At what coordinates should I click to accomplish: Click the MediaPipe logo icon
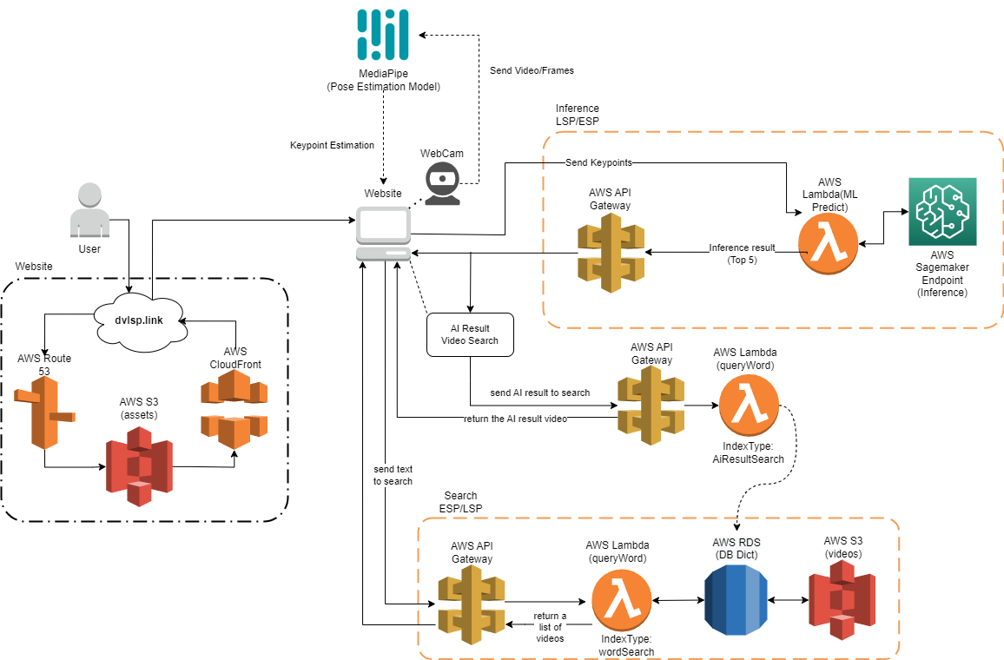[x=383, y=33]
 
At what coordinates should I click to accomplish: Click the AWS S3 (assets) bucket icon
[x=139, y=460]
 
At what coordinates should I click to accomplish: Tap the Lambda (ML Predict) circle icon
[x=829, y=245]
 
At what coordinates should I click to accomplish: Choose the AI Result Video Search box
[x=470, y=334]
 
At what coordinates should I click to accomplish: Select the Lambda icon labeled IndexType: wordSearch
[x=622, y=601]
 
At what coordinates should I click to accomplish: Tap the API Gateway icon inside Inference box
[x=611, y=253]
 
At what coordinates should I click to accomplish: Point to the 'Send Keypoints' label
[x=598, y=162]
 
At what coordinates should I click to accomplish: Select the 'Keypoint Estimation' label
[x=332, y=145]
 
